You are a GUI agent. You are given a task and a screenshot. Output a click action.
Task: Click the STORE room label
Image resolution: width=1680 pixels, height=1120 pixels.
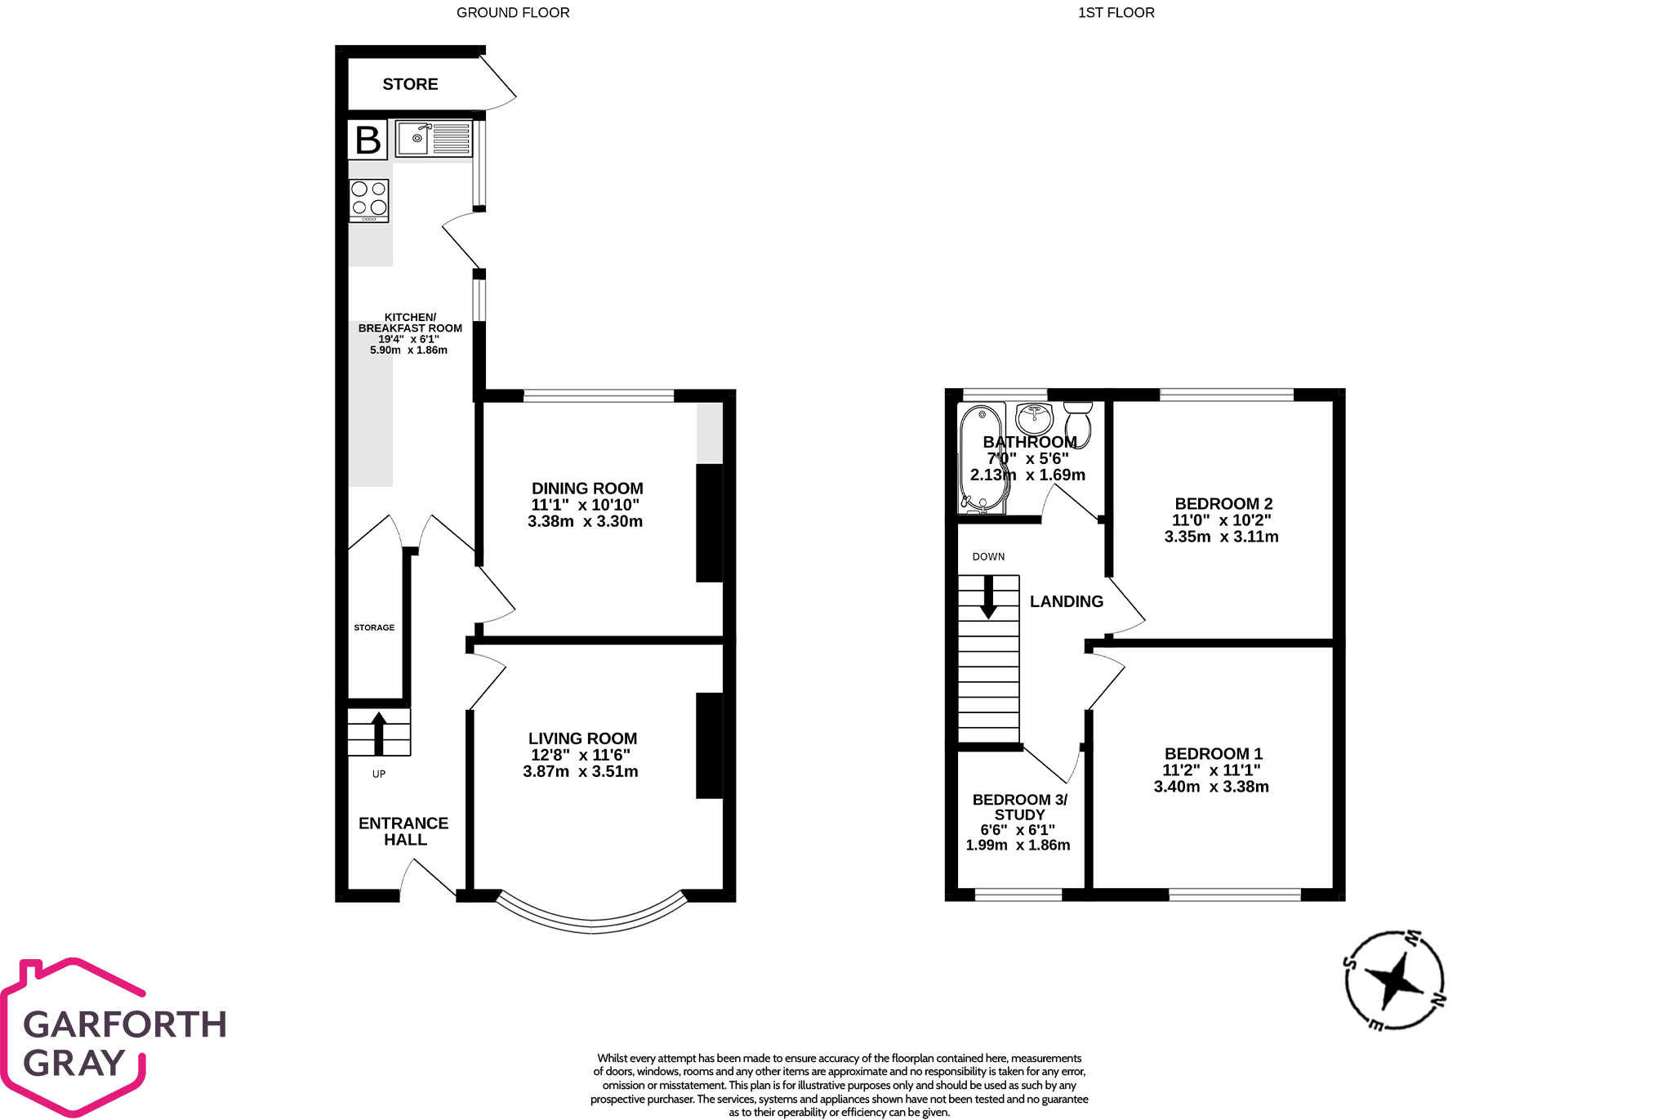pyautogui.click(x=410, y=84)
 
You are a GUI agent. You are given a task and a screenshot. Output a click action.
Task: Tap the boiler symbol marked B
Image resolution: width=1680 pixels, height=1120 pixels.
pyautogui.click(x=368, y=140)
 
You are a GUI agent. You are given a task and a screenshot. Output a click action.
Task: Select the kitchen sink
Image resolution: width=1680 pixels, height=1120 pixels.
pyautogui.click(x=434, y=138)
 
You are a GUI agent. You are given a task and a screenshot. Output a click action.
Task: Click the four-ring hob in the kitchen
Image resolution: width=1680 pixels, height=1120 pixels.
pyautogui.click(x=369, y=199)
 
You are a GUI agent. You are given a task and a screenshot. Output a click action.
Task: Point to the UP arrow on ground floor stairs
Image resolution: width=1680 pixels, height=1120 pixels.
pyautogui.click(x=379, y=733)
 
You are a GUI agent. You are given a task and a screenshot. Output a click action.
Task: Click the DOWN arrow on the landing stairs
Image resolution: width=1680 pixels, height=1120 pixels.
pyautogui.click(x=988, y=596)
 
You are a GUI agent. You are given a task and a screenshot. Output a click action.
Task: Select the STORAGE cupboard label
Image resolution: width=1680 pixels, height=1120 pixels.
pyautogui.click(x=374, y=627)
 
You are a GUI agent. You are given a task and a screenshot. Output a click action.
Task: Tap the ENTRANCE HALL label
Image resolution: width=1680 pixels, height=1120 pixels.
pyautogui.click(x=404, y=831)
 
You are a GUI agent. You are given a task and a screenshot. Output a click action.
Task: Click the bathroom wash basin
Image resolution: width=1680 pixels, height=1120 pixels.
pyautogui.click(x=1035, y=419)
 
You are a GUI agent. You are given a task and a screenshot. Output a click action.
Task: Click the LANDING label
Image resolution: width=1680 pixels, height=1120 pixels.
pyautogui.click(x=1066, y=601)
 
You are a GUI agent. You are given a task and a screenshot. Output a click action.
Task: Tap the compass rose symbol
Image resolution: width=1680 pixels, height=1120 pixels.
pyautogui.click(x=1394, y=979)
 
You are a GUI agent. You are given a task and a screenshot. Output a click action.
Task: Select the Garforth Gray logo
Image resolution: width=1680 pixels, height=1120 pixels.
pyautogui.click(x=114, y=1037)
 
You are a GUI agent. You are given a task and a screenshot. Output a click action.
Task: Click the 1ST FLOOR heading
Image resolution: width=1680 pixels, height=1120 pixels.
pyautogui.click(x=1116, y=12)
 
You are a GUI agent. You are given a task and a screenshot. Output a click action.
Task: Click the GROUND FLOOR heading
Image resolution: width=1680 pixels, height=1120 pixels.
pyautogui.click(x=513, y=12)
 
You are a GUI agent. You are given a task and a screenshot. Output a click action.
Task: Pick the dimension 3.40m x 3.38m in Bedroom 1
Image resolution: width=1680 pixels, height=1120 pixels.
pyautogui.click(x=1211, y=787)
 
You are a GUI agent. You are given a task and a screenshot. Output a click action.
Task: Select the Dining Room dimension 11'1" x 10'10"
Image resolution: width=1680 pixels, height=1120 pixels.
pyautogui.click(x=586, y=505)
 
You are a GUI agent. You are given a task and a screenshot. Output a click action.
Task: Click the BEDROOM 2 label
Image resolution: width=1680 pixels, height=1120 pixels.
pyautogui.click(x=1223, y=503)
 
